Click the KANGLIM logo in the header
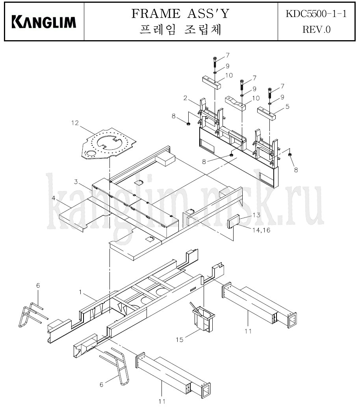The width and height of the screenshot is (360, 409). pyautogui.click(x=44, y=22)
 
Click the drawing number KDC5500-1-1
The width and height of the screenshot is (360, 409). pyautogui.click(x=316, y=13)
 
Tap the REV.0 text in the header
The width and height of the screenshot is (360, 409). pyautogui.click(x=316, y=30)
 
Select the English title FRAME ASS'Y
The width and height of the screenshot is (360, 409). pyautogui.click(x=180, y=13)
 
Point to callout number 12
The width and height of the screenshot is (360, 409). pyautogui.click(x=75, y=123)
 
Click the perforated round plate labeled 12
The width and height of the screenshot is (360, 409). pyautogui.click(x=108, y=143)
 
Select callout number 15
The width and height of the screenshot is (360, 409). pyautogui.click(x=180, y=340)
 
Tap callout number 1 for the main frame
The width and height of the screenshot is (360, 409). pyautogui.click(x=81, y=292)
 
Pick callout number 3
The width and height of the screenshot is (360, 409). pyautogui.click(x=76, y=182)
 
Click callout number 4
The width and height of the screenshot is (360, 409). pyautogui.click(x=54, y=198)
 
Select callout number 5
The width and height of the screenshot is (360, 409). pyautogui.click(x=287, y=106)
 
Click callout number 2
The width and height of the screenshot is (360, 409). pyautogui.click(x=185, y=98)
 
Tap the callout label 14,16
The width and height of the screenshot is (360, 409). pyautogui.click(x=261, y=230)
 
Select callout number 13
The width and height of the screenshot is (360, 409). pyautogui.click(x=256, y=215)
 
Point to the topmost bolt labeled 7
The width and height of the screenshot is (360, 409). pyautogui.click(x=215, y=62)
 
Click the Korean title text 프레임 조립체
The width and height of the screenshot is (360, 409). pyautogui.click(x=180, y=30)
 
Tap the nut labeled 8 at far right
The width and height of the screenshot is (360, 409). pyautogui.click(x=289, y=155)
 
